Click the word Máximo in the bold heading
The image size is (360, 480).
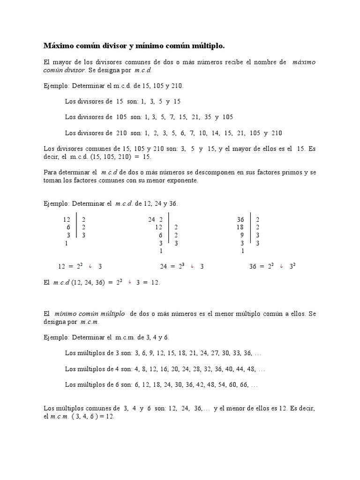(58, 45)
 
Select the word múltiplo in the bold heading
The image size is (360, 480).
(207, 45)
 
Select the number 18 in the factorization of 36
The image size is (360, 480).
(240, 227)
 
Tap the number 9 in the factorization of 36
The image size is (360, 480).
(242, 235)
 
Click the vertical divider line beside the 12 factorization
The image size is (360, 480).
(76, 227)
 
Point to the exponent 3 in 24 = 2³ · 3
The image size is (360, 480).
(182, 264)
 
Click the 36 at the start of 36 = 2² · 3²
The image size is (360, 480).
(253, 267)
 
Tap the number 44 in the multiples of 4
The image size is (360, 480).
(239, 369)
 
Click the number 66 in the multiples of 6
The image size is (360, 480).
(241, 385)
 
